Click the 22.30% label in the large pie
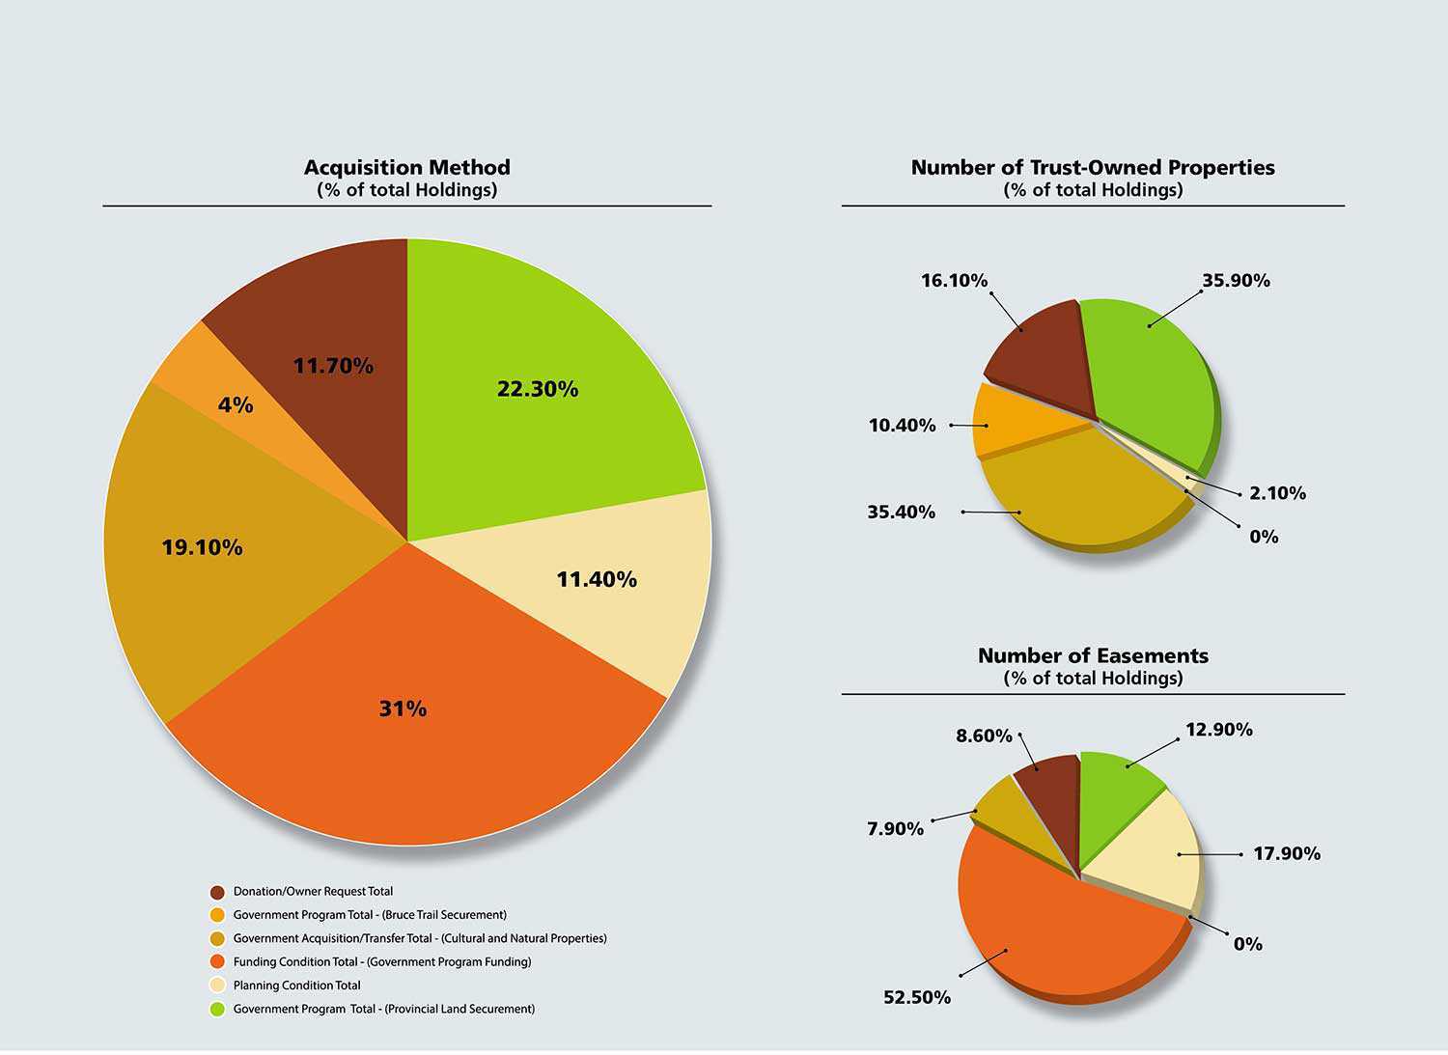click(x=538, y=389)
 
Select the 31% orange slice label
click(x=403, y=708)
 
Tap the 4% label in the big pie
click(x=236, y=404)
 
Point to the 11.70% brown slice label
click(x=333, y=366)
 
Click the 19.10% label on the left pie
click(x=202, y=547)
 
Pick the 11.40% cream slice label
click(x=597, y=579)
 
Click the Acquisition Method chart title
click(x=406, y=168)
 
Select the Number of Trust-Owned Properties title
click(x=1093, y=168)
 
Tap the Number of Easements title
click(x=1093, y=656)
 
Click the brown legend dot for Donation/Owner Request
click(x=217, y=892)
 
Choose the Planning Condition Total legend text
click(x=296, y=986)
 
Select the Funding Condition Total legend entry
click(x=381, y=961)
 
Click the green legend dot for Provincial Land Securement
click(x=217, y=1010)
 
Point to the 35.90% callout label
click(x=1236, y=281)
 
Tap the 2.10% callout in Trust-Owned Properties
click(x=1277, y=493)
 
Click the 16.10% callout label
click(x=954, y=281)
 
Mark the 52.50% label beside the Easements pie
click(x=917, y=997)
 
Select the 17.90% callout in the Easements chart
click(x=1287, y=853)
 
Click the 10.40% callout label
click(x=902, y=426)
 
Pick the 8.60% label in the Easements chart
click(x=984, y=736)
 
